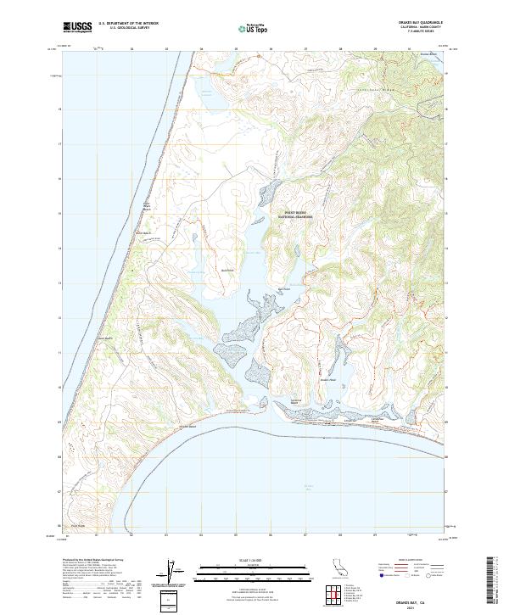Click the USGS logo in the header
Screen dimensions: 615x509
pos(76,27)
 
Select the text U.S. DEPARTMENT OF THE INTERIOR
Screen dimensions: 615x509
pos(128,24)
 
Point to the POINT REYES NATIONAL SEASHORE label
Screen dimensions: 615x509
pos(295,216)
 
